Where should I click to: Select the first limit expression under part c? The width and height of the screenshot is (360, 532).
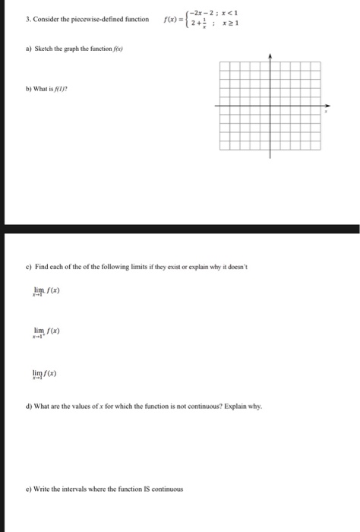[43, 292]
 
